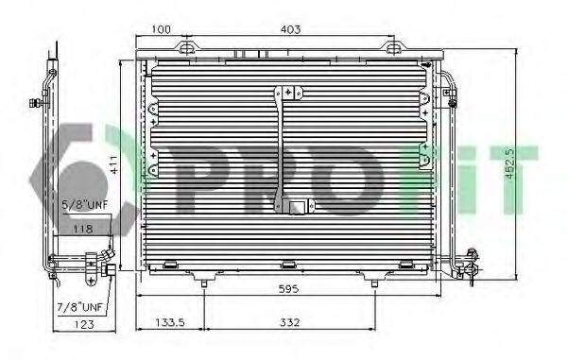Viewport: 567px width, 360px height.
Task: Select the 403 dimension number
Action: [290, 30]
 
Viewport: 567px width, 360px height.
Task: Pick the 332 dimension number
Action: [289, 323]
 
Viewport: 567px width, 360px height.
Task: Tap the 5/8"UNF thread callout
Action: [79, 203]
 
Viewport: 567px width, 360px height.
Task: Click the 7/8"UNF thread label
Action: [78, 307]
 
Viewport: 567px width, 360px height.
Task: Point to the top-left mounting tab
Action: [188, 47]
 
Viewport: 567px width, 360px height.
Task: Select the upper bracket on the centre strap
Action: [288, 93]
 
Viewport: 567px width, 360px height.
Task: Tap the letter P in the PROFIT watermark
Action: [204, 180]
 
